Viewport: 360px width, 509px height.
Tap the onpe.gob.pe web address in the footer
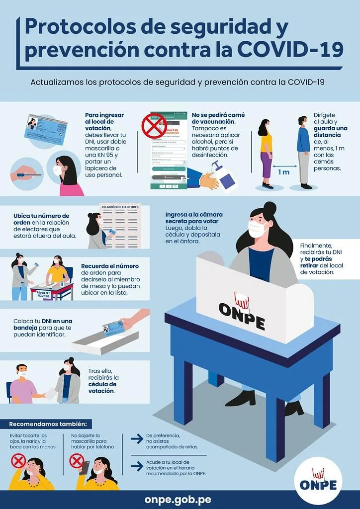[x=180, y=499]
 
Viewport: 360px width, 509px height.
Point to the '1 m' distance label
[x=283, y=172]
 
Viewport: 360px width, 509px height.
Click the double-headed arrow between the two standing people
[x=284, y=162]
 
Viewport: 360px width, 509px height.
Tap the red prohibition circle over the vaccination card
[x=154, y=125]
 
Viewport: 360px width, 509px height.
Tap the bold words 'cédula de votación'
[x=102, y=388]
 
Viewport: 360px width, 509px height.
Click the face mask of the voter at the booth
[x=258, y=229]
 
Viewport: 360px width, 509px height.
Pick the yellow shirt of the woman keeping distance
[x=267, y=142]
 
